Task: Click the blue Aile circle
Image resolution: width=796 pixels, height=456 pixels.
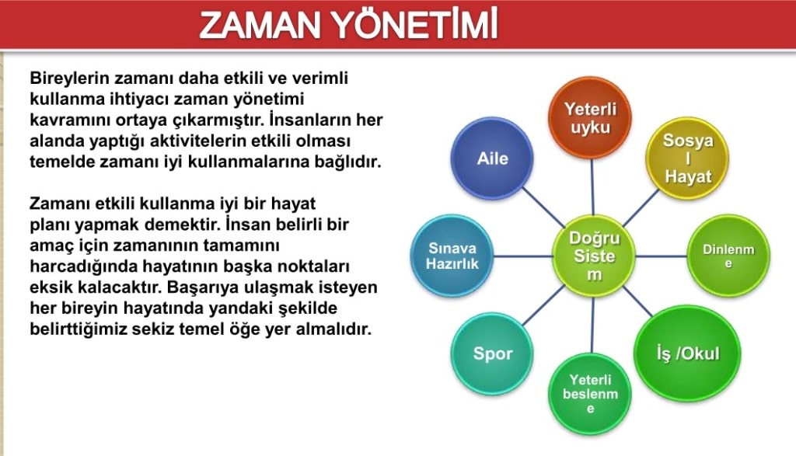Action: (492, 158)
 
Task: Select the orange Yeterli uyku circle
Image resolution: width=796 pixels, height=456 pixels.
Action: (590, 118)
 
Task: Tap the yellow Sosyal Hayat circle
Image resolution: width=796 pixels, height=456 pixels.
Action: (687, 158)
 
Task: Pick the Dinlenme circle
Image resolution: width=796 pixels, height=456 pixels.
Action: (728, 256)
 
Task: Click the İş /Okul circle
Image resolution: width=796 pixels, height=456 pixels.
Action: (687, 353)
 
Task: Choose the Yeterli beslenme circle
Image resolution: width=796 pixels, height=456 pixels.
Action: (590, 394)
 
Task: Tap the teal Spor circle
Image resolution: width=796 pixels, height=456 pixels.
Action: (492, 353)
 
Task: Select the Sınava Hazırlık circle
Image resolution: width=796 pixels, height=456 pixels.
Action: (452, 256)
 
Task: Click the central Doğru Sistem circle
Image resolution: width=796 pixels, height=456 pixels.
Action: (594, 256)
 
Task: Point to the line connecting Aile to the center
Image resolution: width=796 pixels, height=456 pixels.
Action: (543, 207)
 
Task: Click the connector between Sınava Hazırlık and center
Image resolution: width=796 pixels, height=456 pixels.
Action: (523, 256)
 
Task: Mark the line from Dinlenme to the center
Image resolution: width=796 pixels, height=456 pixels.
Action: (661, 256)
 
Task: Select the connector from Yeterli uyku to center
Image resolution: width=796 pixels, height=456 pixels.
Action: (592, 187)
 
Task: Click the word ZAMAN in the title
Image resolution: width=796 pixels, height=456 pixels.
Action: (260, 26)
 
